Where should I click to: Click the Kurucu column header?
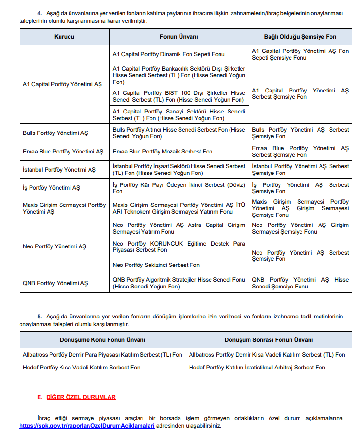coord(64,37)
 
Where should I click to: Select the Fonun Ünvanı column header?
coord(179,37)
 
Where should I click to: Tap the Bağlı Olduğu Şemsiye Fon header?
coord(300,37)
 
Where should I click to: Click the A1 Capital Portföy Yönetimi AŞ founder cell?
coord(62,84)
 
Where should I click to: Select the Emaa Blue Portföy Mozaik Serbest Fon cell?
coord(162,152)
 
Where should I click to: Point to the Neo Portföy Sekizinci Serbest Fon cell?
coord(156,265)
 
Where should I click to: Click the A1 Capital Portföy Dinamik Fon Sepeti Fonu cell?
coord(169,54)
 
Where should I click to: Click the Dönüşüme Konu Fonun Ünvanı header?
coord(102,340)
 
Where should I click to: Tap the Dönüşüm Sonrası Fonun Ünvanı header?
coord(269,340)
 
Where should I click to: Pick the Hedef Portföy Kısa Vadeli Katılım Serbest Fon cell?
coord(81,368)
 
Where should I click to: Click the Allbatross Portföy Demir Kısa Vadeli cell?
coord(267,355)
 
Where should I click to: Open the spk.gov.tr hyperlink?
coord(87,426)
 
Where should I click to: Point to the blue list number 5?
coord(40,317)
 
